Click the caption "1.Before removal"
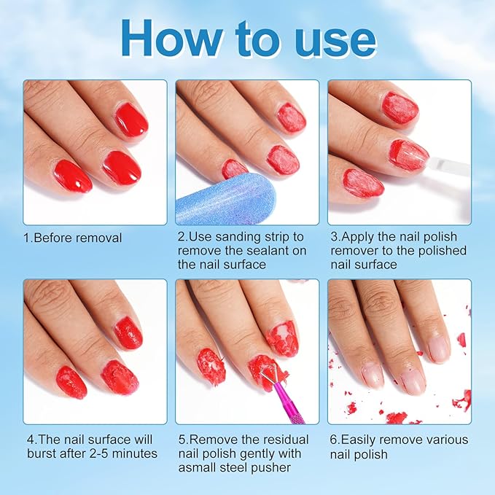click(73, 238)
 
